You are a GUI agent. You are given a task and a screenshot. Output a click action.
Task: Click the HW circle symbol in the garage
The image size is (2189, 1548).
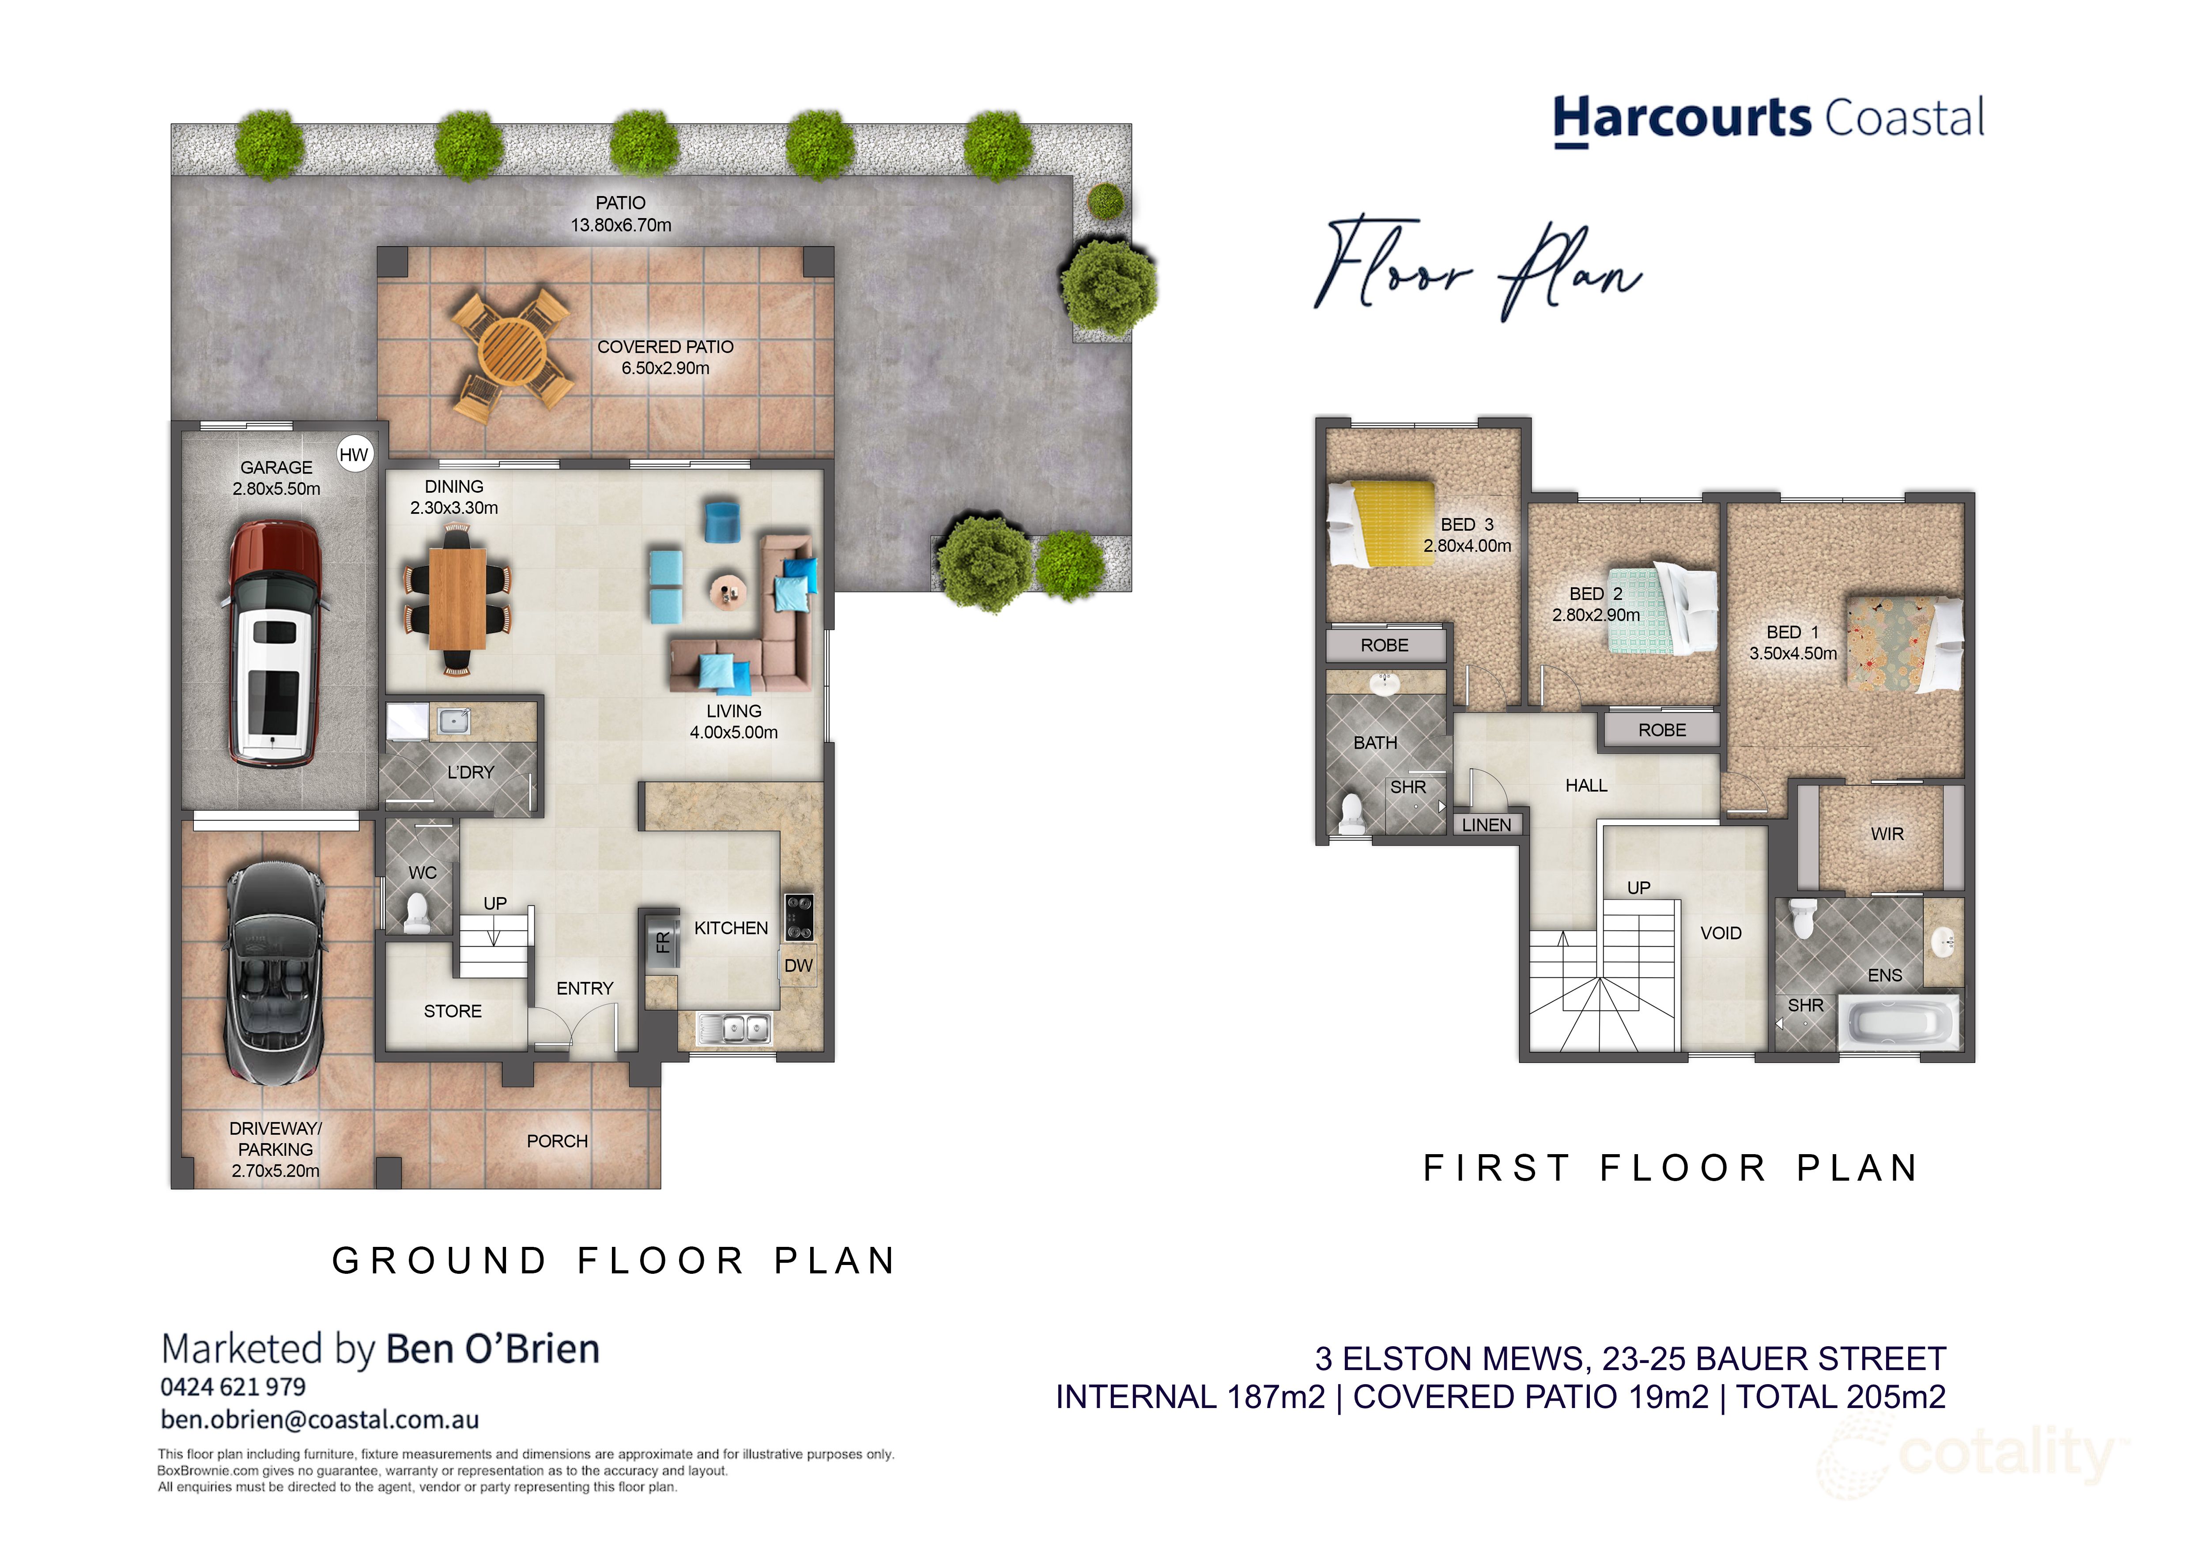(x=354, y=455)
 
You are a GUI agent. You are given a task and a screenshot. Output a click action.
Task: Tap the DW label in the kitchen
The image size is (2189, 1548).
(x=798, y=966)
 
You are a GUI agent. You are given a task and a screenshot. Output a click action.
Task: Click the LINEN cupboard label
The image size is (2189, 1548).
(x=1487, y=824)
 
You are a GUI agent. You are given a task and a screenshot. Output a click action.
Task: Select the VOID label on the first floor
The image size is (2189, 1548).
(x=1721, y=933)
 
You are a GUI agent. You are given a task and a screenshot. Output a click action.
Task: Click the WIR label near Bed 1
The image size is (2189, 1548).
(x=1887, y=834)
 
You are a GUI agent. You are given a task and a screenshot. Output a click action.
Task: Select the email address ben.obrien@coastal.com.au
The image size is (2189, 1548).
(x=319, y=1420)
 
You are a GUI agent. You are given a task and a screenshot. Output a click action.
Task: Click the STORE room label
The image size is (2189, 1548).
(x=453, y=1012)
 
